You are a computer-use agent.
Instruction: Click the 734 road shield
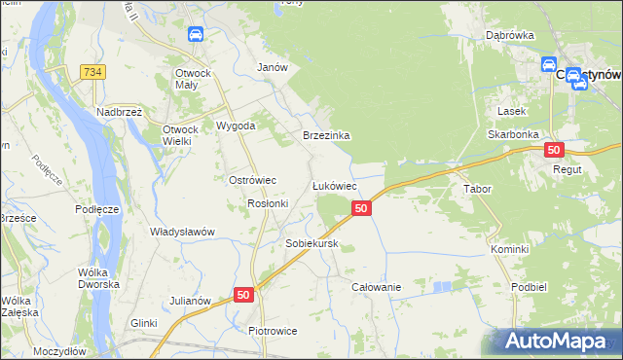93,72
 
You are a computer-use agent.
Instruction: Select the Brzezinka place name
326,136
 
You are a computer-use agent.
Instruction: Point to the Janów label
272,67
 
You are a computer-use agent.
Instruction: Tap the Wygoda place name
236,126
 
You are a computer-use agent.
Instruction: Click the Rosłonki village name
268,203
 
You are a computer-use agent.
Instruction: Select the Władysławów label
182,232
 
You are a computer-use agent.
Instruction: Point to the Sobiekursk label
311,243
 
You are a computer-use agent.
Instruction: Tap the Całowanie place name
377,288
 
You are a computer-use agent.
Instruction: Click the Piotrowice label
273,331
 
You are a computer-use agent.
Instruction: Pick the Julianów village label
191,301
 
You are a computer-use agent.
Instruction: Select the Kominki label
509,249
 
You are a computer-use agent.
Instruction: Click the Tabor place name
477,189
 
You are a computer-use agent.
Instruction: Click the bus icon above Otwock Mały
195,35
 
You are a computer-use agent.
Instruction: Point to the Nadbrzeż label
120,112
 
